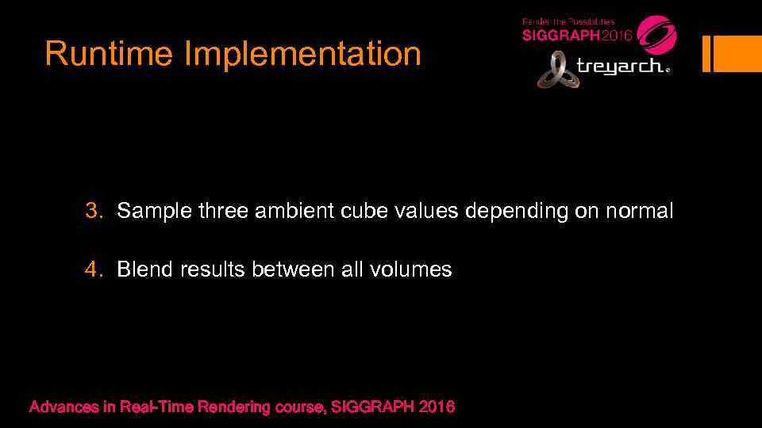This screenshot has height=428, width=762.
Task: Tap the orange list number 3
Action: click(x=94, y=212)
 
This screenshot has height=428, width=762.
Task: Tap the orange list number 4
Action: click(x=94, y=269)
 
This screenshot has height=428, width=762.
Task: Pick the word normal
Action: click(x=639, y=212)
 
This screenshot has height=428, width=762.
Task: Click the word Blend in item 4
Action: click(x=144, y=269)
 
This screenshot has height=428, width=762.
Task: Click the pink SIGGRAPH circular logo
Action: click(x=656, y=34)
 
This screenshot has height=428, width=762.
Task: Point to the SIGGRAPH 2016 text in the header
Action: click(x=576, y=36)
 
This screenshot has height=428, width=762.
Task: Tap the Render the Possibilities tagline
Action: click(x=568, y=21)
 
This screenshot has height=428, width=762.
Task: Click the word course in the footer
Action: click(x=301, y=407)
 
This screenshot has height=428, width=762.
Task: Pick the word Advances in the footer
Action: click(x=63, y=407)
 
